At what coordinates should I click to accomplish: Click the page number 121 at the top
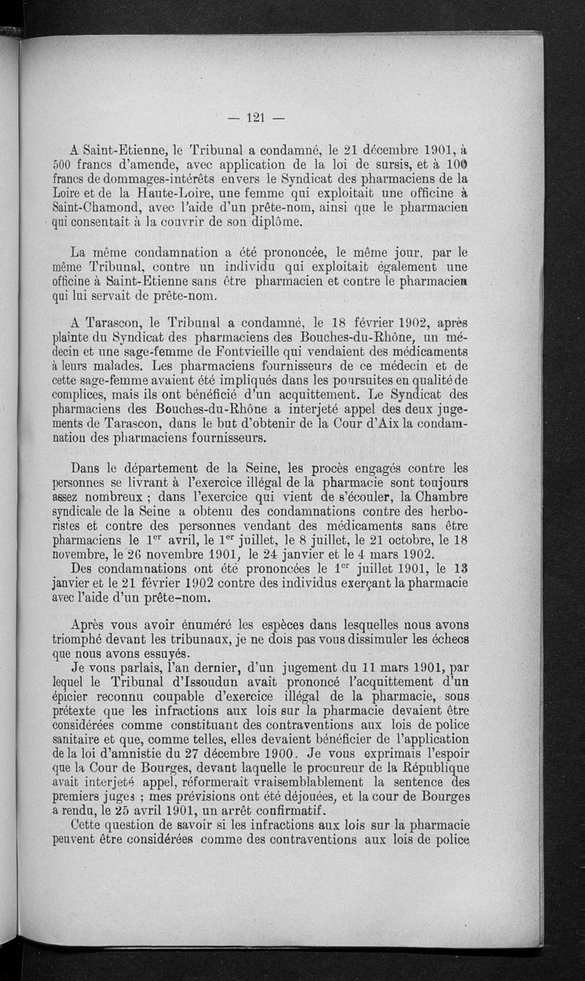point(255,117)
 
